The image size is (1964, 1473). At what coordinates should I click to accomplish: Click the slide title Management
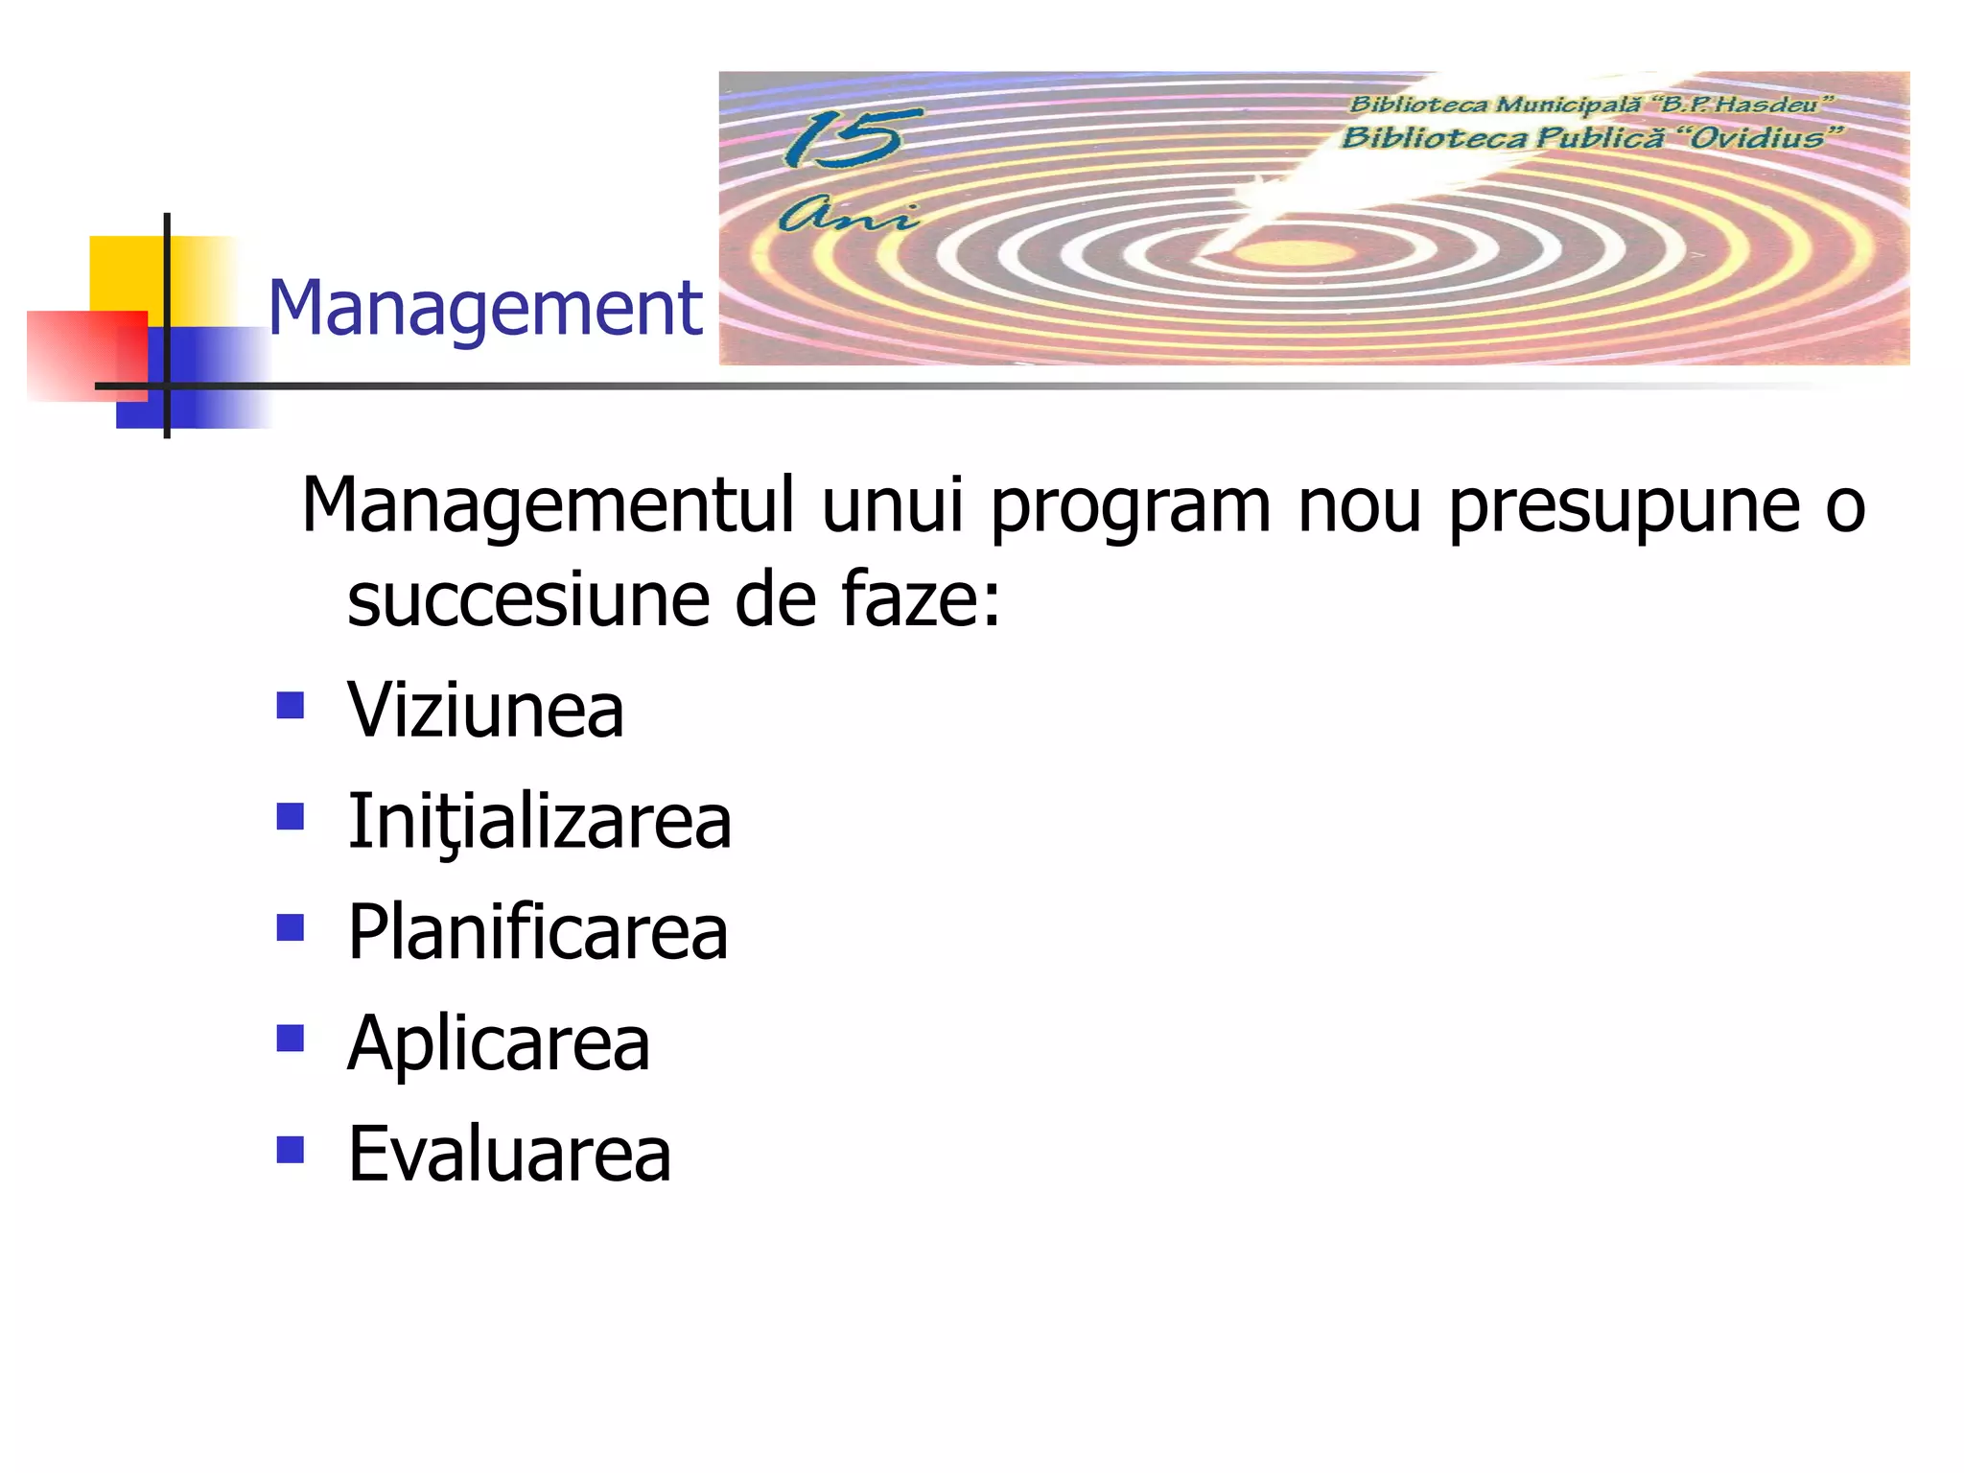pyautogui.click(x=485, y=309)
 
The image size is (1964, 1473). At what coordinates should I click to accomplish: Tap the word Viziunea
pyautogui.click(x=485, y=711)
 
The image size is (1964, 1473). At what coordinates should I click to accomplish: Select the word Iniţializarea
pyautogui.click(x=539, y=822)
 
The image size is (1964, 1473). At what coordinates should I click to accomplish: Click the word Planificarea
pyautogui.click(x=537, y=932)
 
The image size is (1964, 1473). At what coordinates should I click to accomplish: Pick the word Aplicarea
pyautogui.click(x=499, y=1043)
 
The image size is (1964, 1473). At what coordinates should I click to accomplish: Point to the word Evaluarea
pyautogui.click(x=509, y=1154)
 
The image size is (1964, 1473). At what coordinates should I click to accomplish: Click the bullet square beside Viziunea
pyautogui.click(x=290, y=706)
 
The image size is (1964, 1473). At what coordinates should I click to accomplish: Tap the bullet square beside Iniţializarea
pyautogui.click(x=290, y=817)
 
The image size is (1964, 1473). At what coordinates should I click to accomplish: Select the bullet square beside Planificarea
pyautogui.click(x=290, y=927)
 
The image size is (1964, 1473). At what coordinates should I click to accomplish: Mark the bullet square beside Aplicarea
pyautogui.click(x=290, y=1039)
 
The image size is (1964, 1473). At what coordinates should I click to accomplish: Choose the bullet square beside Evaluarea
pyautogui.click(x=290, y=1149)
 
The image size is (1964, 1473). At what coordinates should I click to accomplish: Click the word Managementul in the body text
pyautogui.click(x=548, y=504)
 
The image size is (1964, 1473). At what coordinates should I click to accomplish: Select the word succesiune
pyautogui.click(x=528, y=600)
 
